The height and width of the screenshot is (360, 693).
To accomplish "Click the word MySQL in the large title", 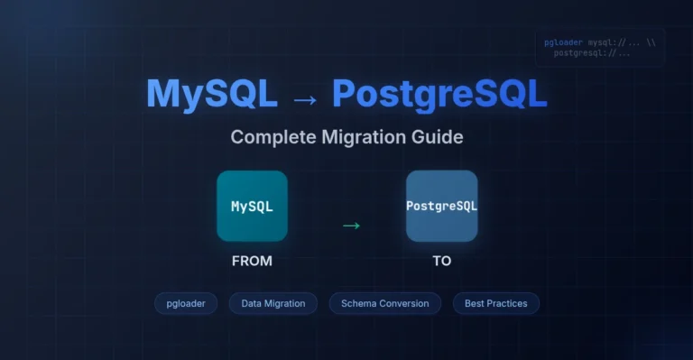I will pyautogui.click(x=212, y=94).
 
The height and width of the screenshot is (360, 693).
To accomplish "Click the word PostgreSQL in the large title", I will pyautogui.click(x=439, y=94).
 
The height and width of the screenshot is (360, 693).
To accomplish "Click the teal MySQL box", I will pyautogui.click(x=252, y=206).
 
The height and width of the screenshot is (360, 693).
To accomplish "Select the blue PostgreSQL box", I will pyautogui.click(x=441, y=206).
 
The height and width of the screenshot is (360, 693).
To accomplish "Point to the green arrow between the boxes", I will pyautogui.click(x=351, y=225).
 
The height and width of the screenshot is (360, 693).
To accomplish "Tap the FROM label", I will pyautogui.click(x=252, y=261).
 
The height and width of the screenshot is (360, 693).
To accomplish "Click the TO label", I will pyautogui.click(x=441, y=261).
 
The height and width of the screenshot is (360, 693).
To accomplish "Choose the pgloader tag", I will pyautogui.click(x=186, y=303).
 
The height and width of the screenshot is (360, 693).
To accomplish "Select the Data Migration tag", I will pyautogui.click(x=273, y=303).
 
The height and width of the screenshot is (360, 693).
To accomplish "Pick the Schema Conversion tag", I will pyautogui.click(x=384, y=303).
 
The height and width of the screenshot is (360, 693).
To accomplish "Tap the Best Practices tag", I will pyautogui.click(x=495, y=303).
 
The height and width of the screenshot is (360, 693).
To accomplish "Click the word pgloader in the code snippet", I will pyautogui.click(x=564, y=42).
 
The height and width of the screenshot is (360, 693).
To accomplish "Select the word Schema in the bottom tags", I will pyautogui.click(x=359, y=303).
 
